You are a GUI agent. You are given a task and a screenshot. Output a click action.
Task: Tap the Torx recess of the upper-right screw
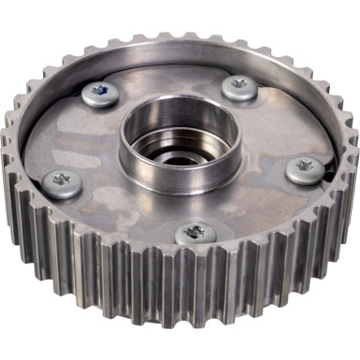pos(240,83)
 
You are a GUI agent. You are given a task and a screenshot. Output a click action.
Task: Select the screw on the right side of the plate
pos(305,168)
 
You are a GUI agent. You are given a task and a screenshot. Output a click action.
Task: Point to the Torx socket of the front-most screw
pos(194,230)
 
